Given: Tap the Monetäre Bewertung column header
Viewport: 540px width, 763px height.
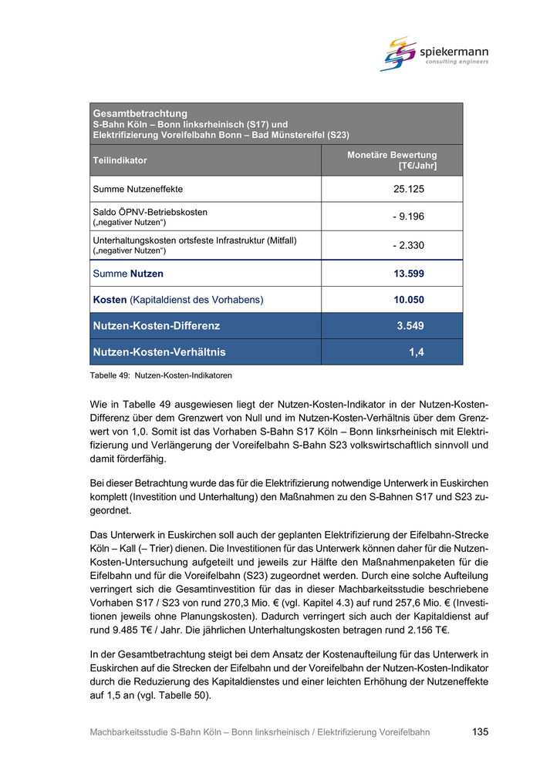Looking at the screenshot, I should pyautogui.click(x=392, y=160).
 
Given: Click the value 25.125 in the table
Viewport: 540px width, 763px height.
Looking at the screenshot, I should pyautogui.click(x=409, y=189).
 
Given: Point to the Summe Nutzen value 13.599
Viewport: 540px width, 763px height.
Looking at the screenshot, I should pyautogui.click(x=409, y=274).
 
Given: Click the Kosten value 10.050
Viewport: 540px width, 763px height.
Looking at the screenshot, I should pyautogui.click(x=409, y=300).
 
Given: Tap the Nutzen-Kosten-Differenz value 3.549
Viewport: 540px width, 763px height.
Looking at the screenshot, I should pyautogui.click(x=410, y=326).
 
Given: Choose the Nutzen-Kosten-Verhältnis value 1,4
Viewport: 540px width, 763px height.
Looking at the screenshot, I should pyautogui.click(x=417, y=352).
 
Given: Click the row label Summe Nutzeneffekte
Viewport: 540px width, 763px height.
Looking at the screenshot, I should pyautogui.click(x=138, y=189).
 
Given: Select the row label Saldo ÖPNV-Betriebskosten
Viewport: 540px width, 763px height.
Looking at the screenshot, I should pyautogui.click(x=150, y=212).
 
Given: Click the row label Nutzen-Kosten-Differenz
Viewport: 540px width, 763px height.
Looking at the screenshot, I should pyautogui.click(x=156, y=326).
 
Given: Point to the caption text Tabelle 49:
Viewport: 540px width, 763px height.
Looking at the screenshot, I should pyautogui.click(x=110, y=376).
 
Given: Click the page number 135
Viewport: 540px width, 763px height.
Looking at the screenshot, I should pyautogui.click(x=480, y=732).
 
